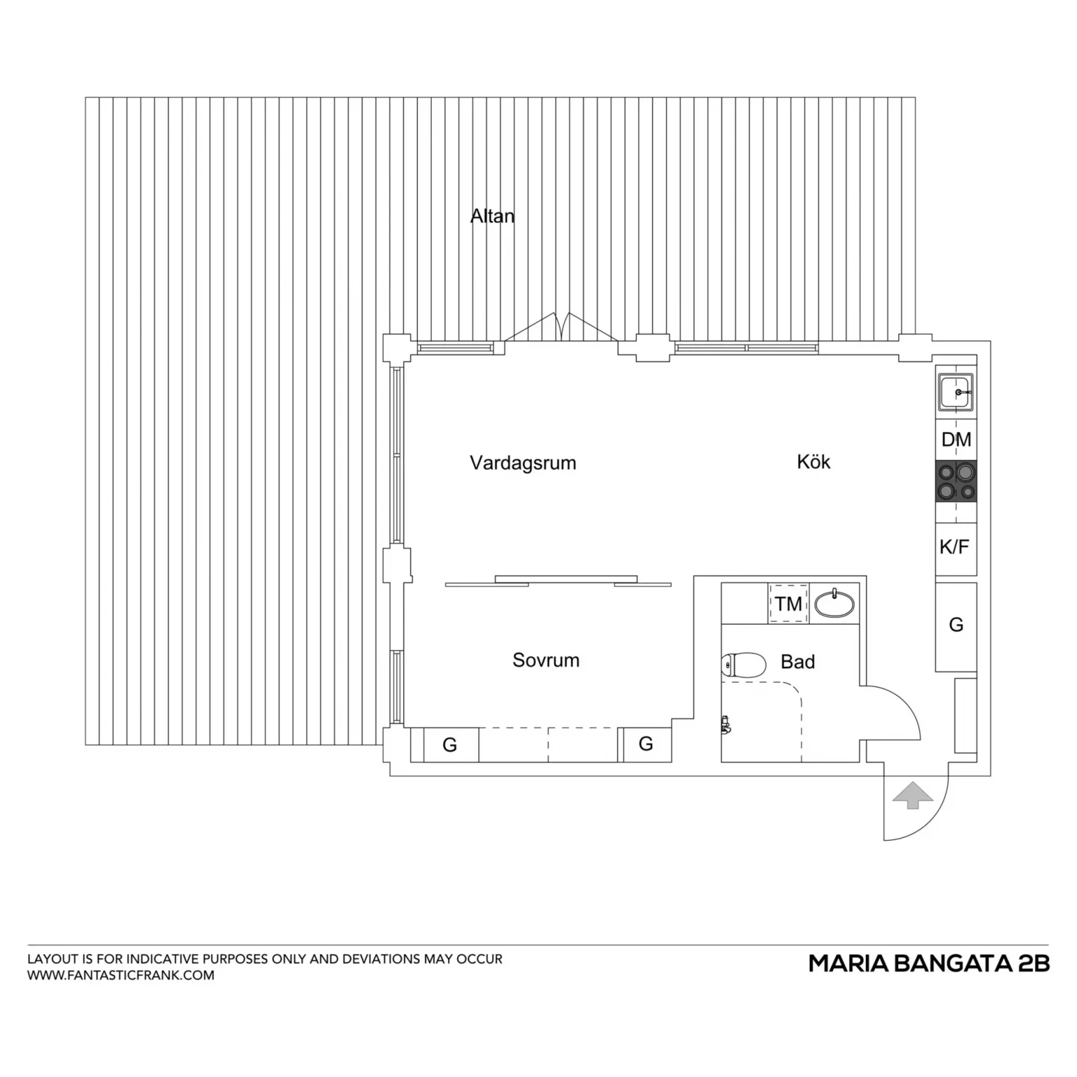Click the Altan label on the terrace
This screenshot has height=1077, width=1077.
492,216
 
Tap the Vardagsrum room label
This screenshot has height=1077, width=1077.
523,463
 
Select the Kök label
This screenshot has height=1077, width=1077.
813,461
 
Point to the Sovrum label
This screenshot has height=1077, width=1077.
546,660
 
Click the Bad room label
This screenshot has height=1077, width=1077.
798,662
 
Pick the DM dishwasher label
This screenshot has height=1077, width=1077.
956,440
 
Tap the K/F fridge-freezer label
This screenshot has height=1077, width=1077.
954,547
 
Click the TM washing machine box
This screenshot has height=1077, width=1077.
789,603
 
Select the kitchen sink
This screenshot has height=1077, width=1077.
956,392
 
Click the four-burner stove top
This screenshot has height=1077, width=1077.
956,482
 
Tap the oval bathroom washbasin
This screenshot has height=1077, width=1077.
834,603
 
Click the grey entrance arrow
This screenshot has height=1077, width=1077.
912,795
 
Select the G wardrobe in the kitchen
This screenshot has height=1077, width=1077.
956,625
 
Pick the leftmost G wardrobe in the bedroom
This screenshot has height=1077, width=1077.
451,745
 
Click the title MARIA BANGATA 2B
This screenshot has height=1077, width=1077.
929,963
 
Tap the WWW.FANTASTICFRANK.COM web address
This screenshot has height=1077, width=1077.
121,975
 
